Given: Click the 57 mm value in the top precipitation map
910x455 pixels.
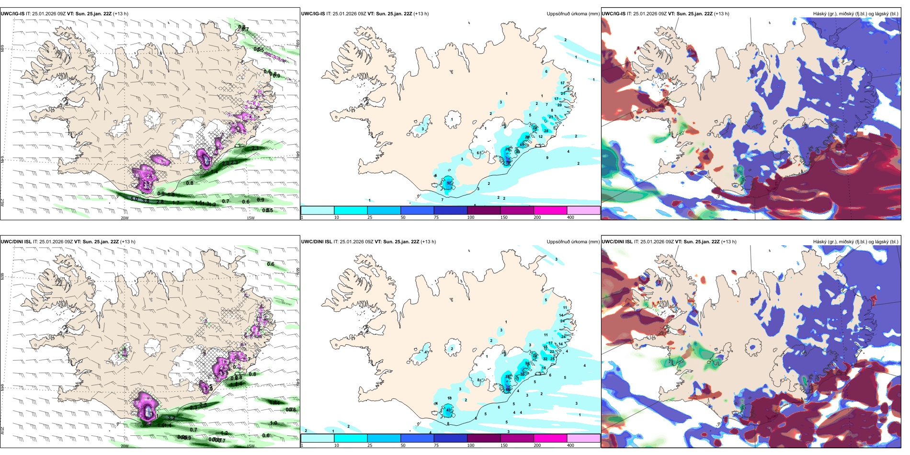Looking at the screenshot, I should click(449, 183).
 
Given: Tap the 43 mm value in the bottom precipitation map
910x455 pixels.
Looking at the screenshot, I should click(449, 410).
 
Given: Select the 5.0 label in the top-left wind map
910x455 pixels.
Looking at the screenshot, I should click(134, 199).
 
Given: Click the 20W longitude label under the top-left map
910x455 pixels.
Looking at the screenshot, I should click(125, 218).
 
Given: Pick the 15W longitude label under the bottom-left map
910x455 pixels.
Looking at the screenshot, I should click(250, 446).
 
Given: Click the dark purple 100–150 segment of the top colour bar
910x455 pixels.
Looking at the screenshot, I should click(484, 210).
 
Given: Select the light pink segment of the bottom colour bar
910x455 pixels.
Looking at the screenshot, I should click(583, 438).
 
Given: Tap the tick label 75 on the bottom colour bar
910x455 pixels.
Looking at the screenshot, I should click(436, 445).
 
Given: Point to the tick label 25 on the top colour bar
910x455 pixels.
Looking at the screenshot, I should click(370, 217).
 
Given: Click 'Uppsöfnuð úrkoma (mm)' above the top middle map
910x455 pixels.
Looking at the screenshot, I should click(573, 14).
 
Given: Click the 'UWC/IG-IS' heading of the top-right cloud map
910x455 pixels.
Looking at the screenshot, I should click(614, 14).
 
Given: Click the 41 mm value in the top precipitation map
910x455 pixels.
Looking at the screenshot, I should click(522, 145).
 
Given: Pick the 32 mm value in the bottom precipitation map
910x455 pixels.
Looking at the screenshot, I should click(545, 359).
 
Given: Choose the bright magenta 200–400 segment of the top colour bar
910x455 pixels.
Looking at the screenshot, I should click(550, 210).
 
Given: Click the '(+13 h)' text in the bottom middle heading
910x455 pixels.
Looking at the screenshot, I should click(428, 242).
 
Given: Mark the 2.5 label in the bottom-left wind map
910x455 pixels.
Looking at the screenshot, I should click(203, 405).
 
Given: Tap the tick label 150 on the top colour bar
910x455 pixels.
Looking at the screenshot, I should click(504, 217).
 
